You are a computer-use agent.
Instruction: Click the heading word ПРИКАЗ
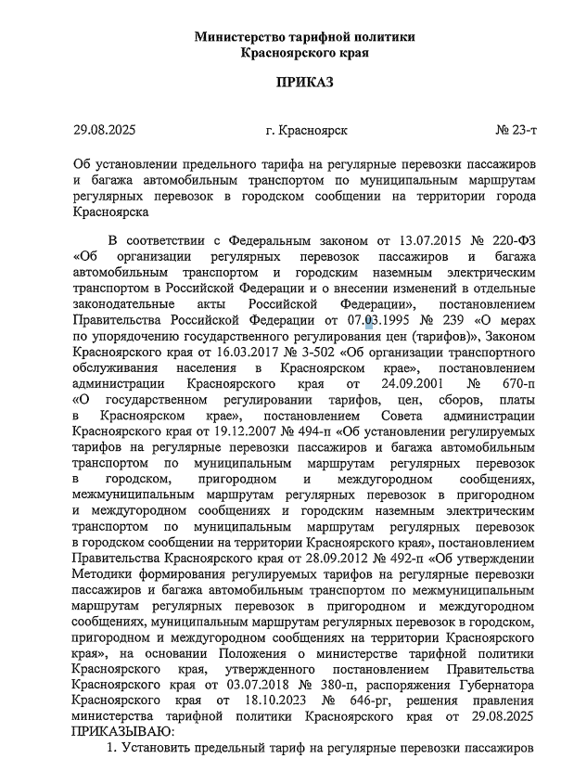304,83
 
